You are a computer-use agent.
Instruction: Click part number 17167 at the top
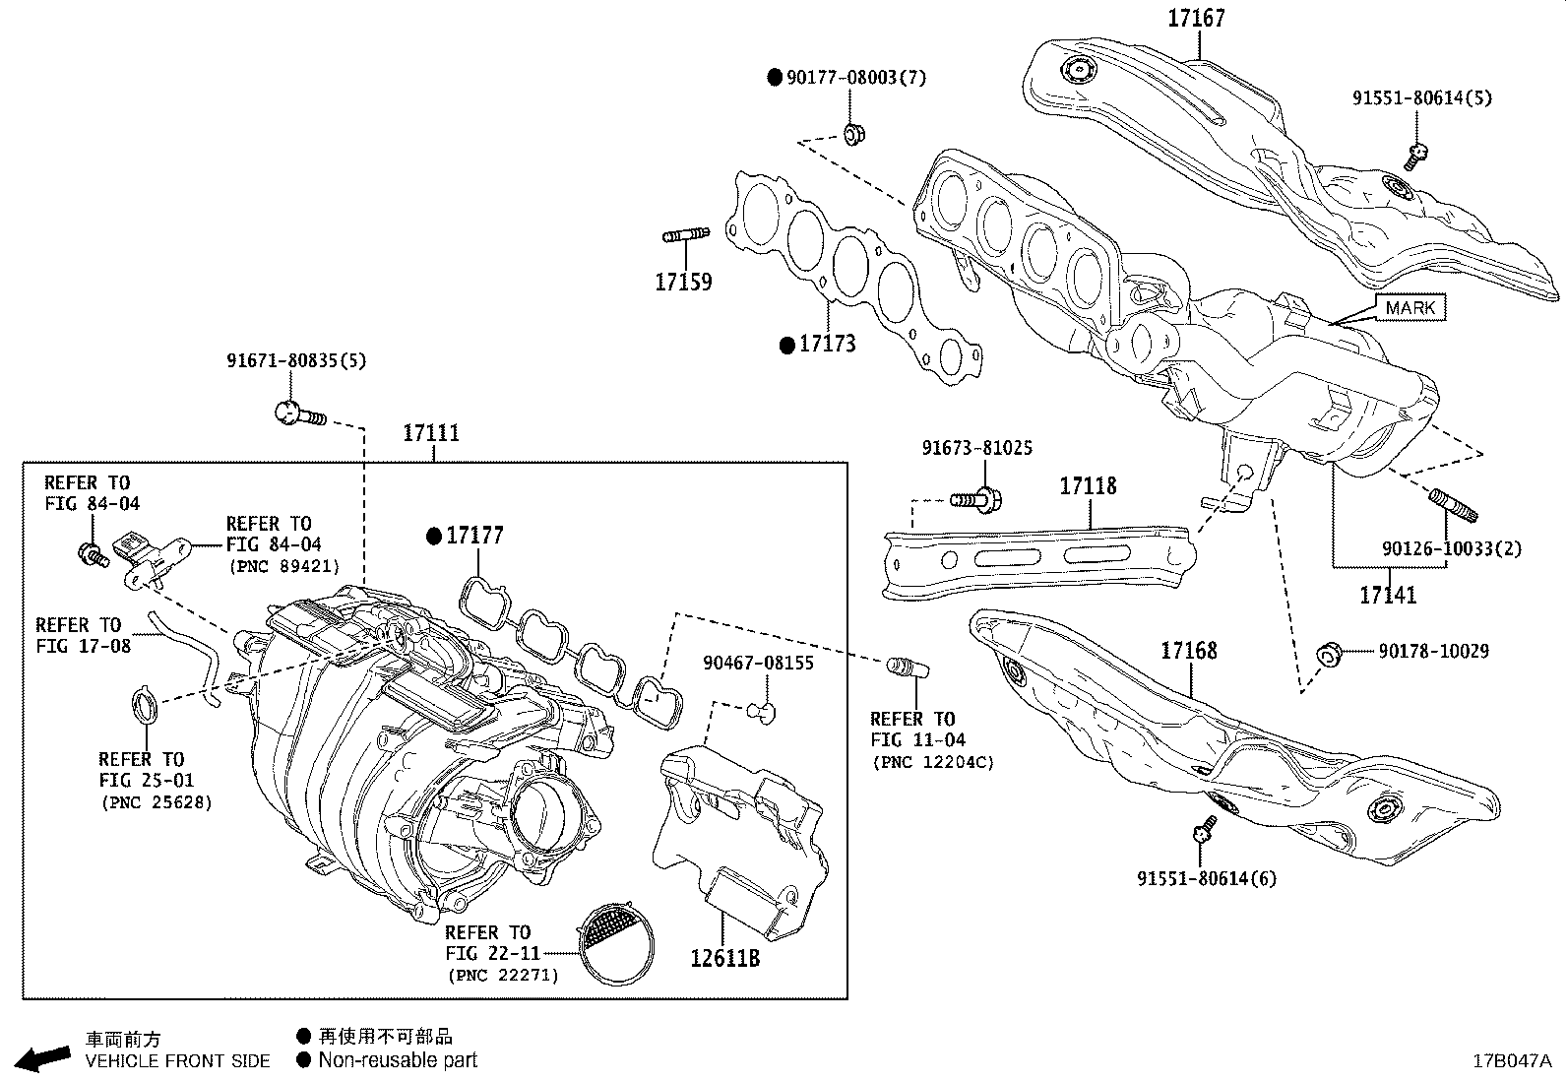(x=1197, y=18)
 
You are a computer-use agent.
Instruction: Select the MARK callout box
(x=1410, y=308)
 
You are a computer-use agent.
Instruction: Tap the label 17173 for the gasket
(x=827, y=344)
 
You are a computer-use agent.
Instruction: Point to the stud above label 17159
(x=686, y=235)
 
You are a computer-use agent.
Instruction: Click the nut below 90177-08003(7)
(x=853, y=132)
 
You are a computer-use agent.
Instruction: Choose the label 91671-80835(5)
(x=296, y=360)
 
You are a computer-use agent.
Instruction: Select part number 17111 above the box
(x=431, y=432)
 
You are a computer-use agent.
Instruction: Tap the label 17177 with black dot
(x=474, y=536)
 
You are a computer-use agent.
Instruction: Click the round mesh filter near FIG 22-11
(x=615, y=943)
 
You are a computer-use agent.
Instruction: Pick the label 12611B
(x=724, y=957)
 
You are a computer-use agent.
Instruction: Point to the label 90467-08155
(x=758, y=663)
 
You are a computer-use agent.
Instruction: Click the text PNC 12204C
(x=932, y=761)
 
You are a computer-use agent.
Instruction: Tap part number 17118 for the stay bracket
(x=1088, y=485)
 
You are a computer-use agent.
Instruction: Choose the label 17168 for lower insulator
(x=1188, y=650)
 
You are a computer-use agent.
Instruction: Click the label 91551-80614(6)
(x=1207, y=877)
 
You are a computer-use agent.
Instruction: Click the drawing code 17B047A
(x=1511, y=1061)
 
